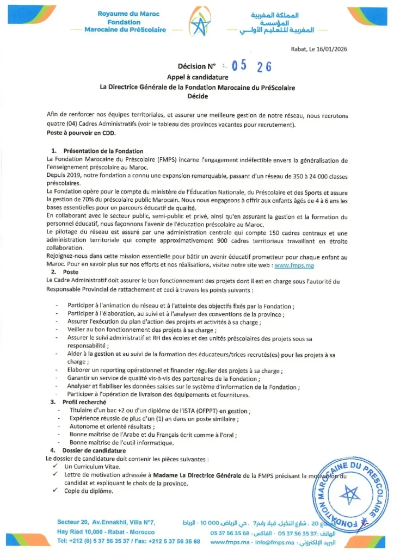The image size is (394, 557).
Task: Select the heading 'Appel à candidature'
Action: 197,77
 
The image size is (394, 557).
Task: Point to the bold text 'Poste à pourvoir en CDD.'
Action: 81,132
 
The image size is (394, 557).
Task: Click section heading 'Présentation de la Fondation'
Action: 103,151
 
